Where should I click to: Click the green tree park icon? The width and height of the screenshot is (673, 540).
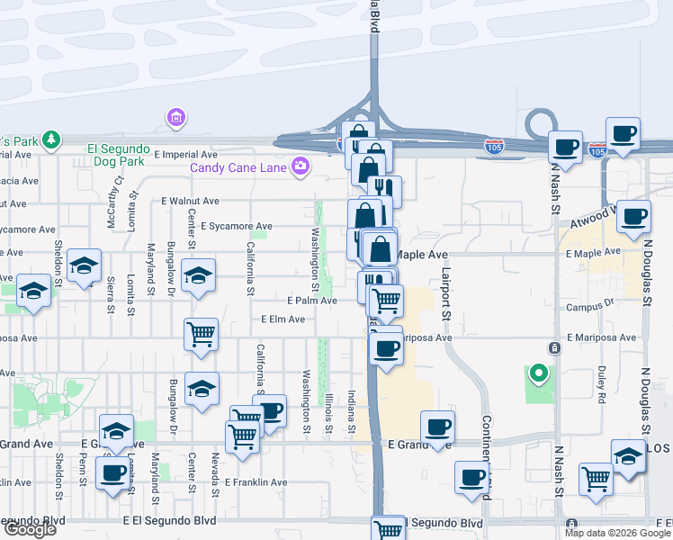pyautogui.click(x=52, y=139)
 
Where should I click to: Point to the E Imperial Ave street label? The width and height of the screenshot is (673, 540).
pyautogui.click(x=185, y=155)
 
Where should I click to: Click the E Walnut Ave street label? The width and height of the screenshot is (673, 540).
pyautogui.click(x=190, y=202)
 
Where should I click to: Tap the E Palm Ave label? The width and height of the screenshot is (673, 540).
pyautogui.click(x=311, y=301)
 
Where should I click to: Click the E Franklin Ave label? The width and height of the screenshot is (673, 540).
pyautogui.click(x=256, y=482)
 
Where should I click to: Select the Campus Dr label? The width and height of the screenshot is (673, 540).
pyautogui.click(x=589, y=307)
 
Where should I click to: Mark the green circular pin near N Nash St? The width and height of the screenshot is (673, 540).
pyautogui.click(x=539, y=372)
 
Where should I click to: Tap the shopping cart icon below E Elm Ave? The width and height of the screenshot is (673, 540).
pyautogui.click(x=201, y=334)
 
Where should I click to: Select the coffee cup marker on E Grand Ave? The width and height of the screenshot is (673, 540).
pyautogui.click(x=437, y=427)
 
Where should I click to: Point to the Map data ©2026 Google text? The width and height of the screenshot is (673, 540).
pyautogui.click(x=617, y=533)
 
